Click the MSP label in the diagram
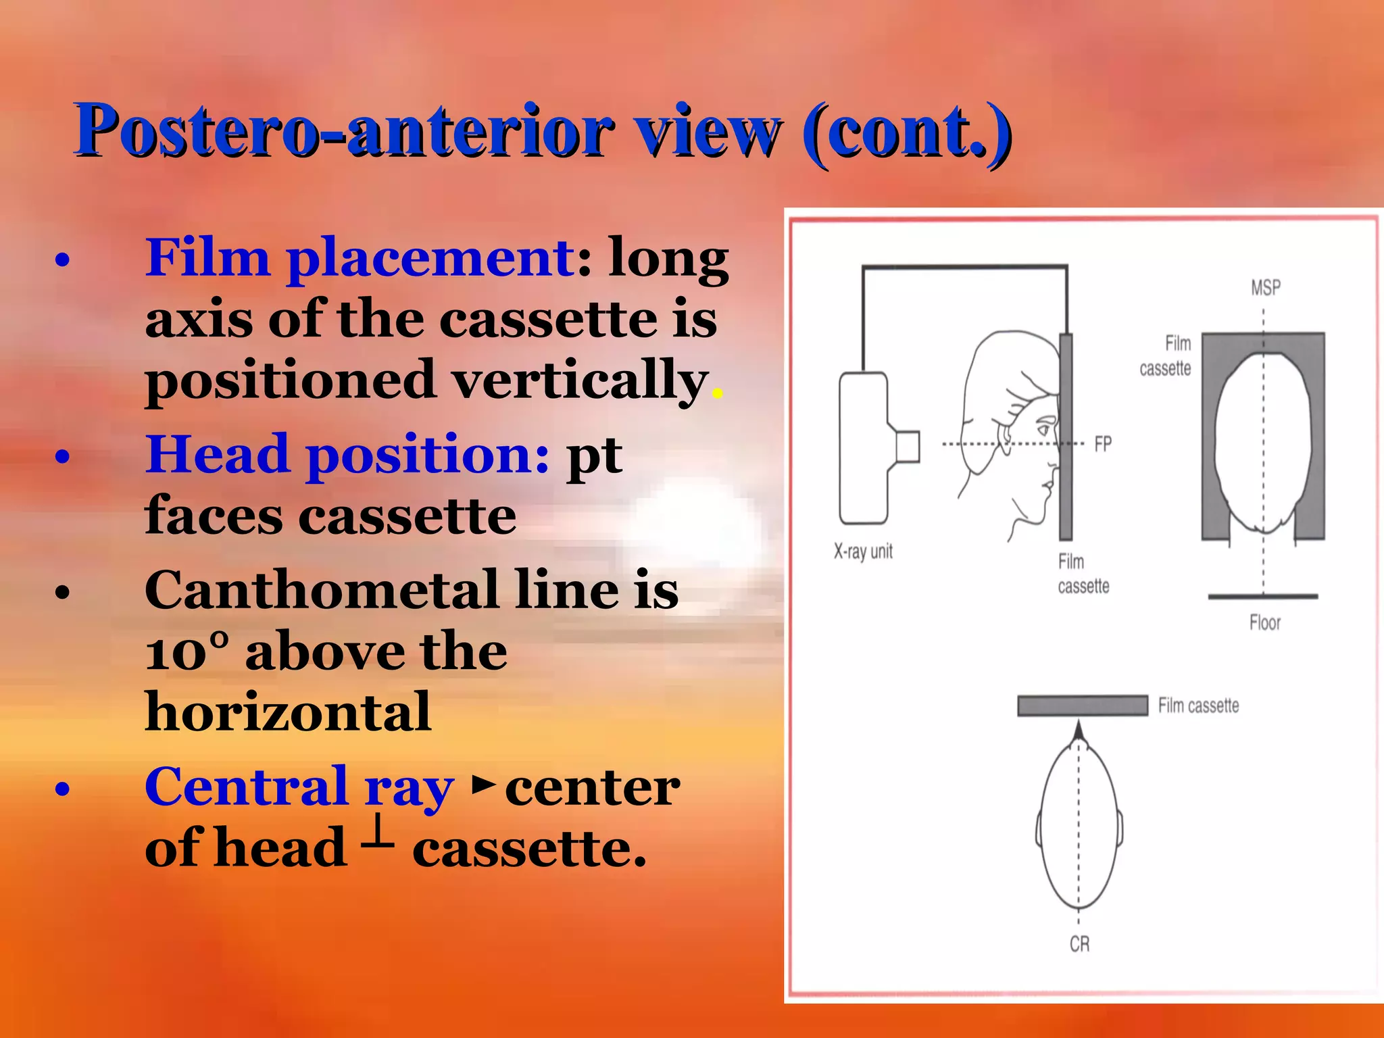click(x=1265, y=288)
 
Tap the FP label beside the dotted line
click(x=1103, y=444)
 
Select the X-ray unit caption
click(x=863, y=551)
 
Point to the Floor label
click(x=1264, y=622)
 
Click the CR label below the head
click(x=1079, y=944)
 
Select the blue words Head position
click(x=347, y=455)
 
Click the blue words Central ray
click(x=299, y=787)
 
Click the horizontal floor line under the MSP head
click(x=1262, y=597)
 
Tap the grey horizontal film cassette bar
click(x=1082, y=706)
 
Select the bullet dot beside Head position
click(x=63, y=457)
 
